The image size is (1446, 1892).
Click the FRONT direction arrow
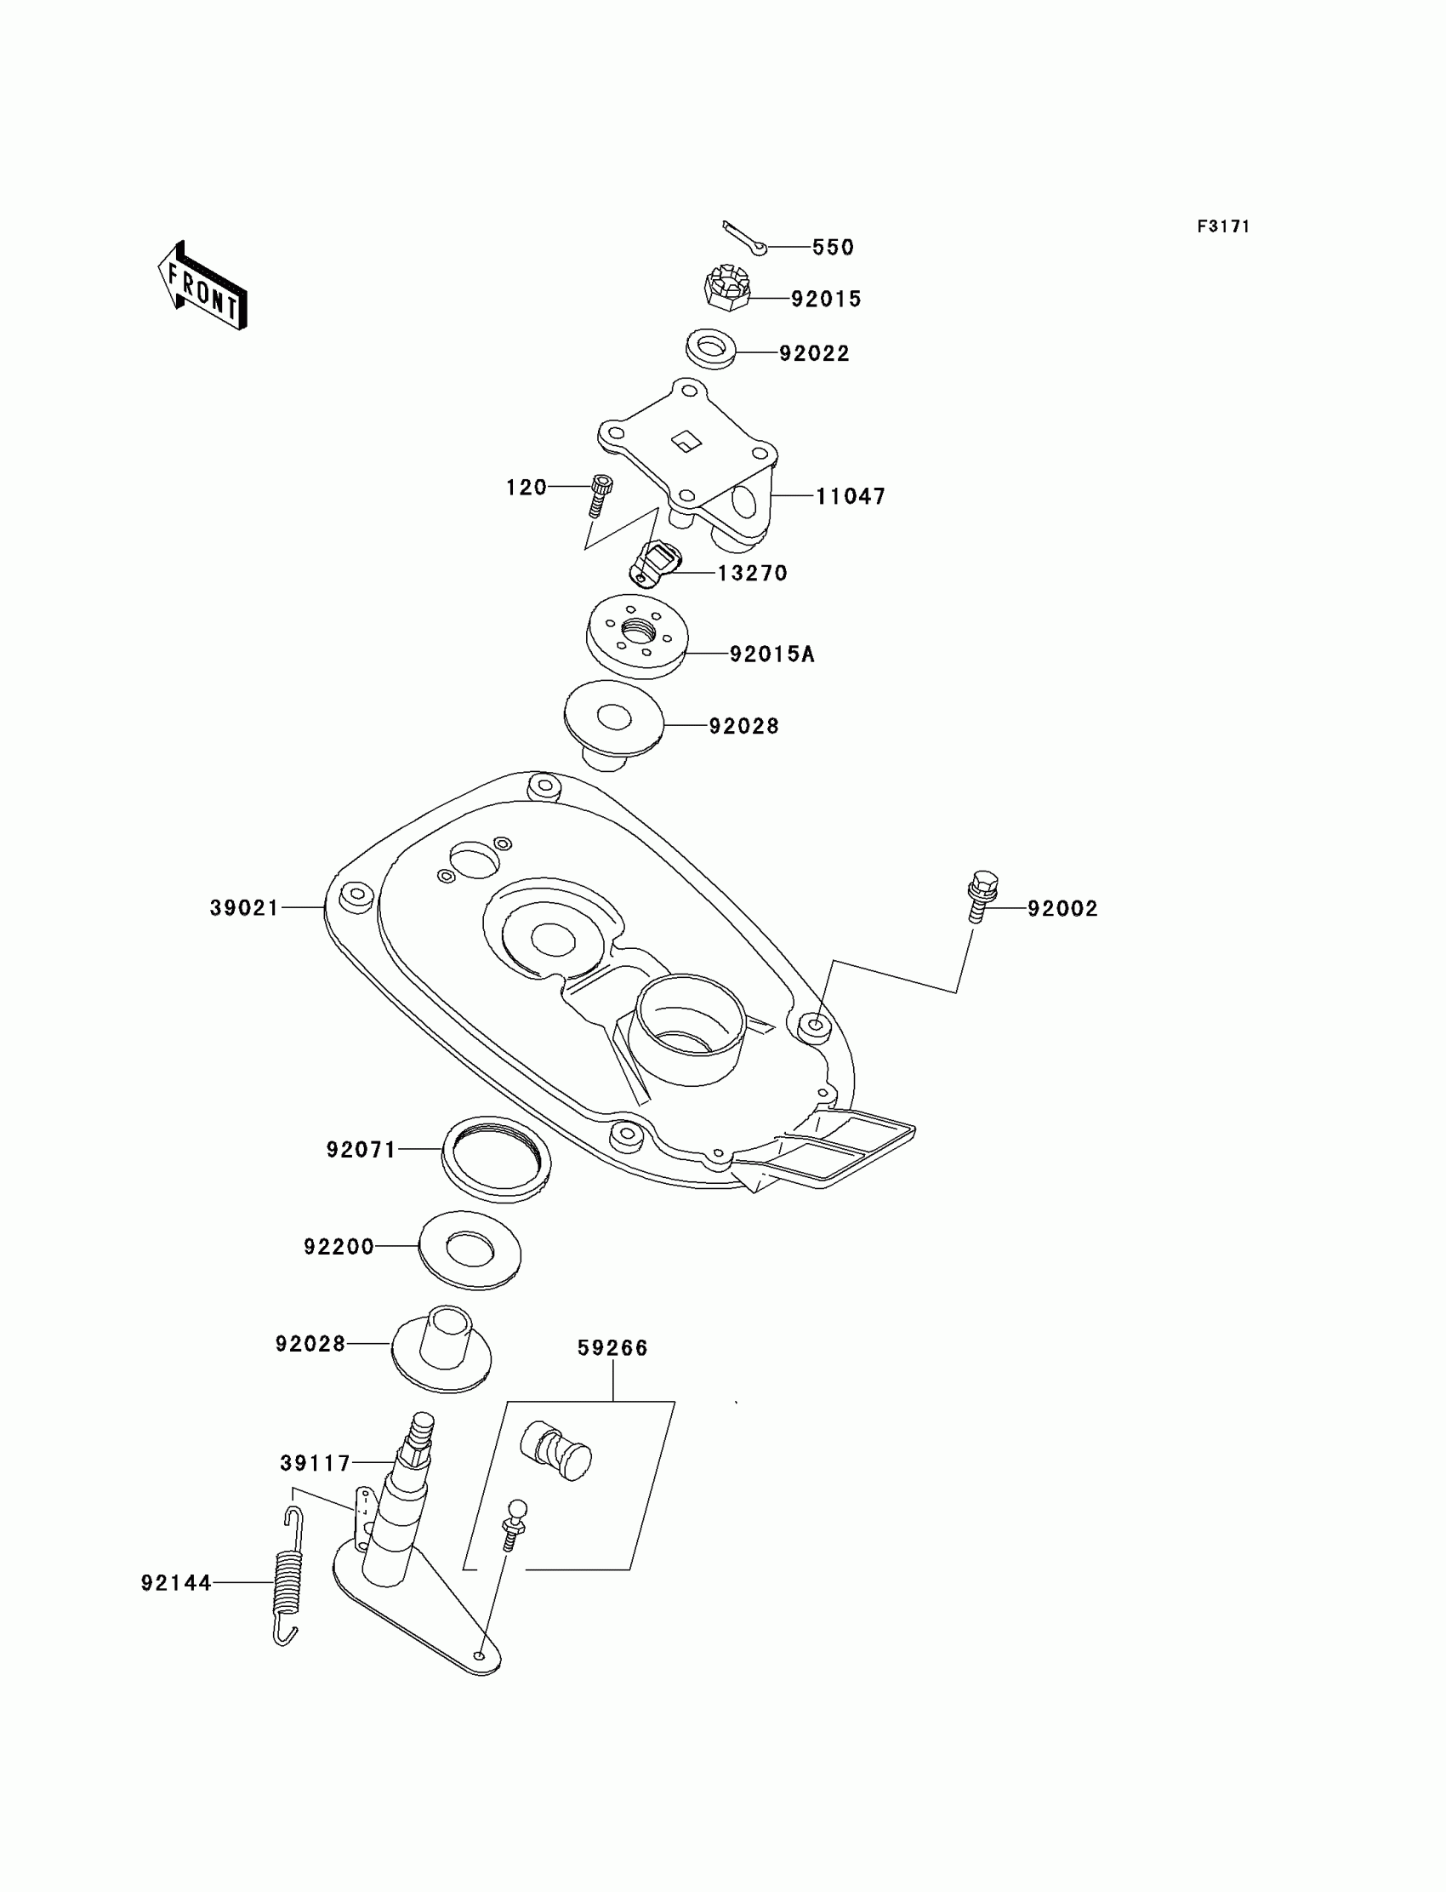pos(203,287)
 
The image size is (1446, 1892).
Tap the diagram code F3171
pos(1222,226)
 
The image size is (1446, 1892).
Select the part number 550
pos(833,248)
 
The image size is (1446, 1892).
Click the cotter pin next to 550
pos(744,238)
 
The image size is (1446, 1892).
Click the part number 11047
pos(851,497)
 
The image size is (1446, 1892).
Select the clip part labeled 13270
pos(655,563)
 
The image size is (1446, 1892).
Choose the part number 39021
pos(244,907)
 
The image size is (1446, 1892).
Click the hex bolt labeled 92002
pos(982,895)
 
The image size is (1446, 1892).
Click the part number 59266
pos(612,1348)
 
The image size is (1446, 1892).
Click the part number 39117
pos(315,1463)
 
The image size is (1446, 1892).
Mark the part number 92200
pos(339,1247)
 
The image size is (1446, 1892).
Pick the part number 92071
pos(361,1150)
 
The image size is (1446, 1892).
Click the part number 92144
pos(176,1583)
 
